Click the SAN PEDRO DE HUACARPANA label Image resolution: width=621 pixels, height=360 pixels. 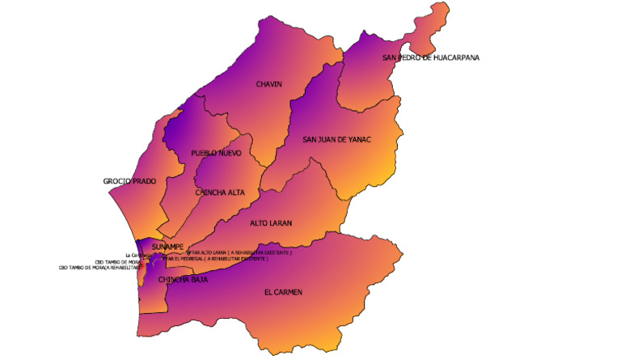click(430, 57)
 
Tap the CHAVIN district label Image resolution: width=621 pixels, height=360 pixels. click(268, 84)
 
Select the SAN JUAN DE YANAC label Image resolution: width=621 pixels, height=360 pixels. click(336, 139)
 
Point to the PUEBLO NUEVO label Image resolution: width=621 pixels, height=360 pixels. click(216, 153)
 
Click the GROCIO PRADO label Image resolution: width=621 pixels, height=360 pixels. click(129, 180)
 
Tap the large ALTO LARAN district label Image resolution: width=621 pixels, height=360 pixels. click(271, 222)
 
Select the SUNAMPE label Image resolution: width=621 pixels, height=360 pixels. click(167, 246)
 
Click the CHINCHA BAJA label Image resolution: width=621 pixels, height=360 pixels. click(183, 280)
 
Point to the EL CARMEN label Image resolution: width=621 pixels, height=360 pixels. click(283, 292)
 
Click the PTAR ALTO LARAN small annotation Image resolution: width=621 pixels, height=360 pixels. click(239, 253)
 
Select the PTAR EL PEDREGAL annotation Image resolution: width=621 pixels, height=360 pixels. click(215, 259)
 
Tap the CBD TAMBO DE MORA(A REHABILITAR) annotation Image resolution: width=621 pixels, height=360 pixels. click(100, 267)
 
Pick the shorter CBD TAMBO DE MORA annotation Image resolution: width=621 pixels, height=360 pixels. click(118, 261)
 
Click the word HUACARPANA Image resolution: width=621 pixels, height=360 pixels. click(456, 57)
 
